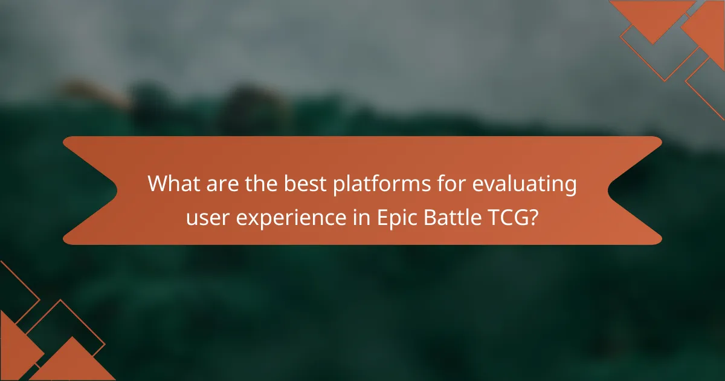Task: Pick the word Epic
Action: tap(395, 217)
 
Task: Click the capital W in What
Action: tap(159, 184)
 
